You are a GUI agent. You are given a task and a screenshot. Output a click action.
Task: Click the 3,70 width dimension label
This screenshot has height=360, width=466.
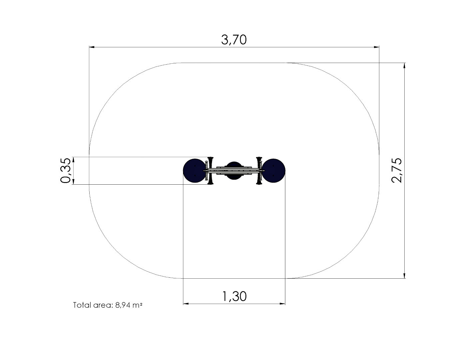point(234,40)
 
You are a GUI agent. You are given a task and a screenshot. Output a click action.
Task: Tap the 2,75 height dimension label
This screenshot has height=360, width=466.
point(397,170)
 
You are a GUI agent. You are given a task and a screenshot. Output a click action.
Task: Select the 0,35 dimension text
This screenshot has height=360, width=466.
point(65,170)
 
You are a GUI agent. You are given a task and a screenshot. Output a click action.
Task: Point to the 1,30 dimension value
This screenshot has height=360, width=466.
point(234,296)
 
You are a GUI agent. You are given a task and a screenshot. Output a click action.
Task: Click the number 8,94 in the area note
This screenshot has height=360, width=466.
point(123,305)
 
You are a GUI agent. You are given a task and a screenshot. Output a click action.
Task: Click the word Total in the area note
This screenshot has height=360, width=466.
point(82,305)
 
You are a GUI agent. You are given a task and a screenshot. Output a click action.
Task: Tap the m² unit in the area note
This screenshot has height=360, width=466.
point(137,305)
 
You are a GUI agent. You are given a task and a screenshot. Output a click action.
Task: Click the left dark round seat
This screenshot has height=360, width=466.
point(194,171)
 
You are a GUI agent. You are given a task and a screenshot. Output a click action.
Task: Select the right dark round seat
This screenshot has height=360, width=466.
point(274,171)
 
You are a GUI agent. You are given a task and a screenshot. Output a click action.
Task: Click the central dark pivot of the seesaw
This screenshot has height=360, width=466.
point(234,171)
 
